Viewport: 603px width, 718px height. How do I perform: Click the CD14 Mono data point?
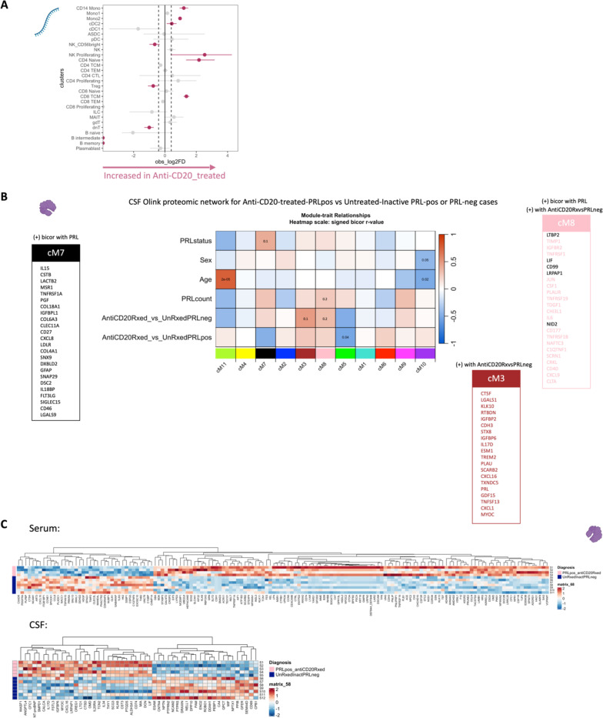click(183, 8)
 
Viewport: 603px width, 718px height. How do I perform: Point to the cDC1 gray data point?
click(138, 28)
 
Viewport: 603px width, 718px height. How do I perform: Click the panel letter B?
click(5, 199)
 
